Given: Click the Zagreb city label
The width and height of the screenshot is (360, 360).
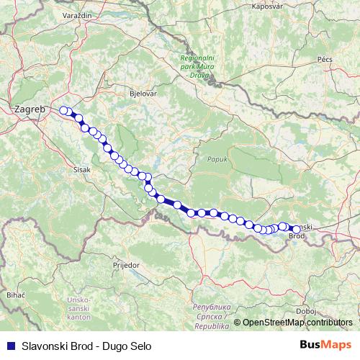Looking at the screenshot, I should click(29, 109).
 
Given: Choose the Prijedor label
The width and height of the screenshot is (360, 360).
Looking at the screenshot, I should click(125, 265).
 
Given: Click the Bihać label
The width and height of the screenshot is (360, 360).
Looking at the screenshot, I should click(16, 295).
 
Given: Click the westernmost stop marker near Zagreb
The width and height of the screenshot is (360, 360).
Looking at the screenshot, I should click(63, 110).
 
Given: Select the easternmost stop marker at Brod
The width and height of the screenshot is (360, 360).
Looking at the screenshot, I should click(296, 229).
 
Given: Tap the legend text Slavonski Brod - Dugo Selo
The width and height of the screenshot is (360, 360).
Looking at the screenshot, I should click(87, 346).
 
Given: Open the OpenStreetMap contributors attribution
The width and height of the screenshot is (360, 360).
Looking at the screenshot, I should click(297, 323).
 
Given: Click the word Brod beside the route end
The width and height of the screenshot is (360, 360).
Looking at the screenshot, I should click(297, 236).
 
